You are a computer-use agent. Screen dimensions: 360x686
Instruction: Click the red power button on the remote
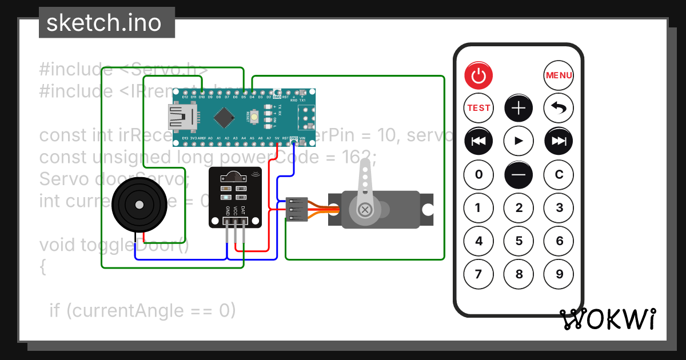[478, 75]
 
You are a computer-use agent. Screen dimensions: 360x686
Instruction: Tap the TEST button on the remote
[478, 107]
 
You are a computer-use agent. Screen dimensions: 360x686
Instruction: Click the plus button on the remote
[519, 107]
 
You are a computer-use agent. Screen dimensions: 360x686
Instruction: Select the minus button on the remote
[519, 175]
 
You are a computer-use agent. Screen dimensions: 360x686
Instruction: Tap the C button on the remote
[559, 175]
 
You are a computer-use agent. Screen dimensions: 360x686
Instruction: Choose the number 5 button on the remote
[519, 241]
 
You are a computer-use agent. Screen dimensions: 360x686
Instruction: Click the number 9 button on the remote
[559, 274]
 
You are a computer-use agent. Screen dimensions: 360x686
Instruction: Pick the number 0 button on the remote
[478, 175]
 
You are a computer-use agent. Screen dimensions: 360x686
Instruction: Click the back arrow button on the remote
[559, 107]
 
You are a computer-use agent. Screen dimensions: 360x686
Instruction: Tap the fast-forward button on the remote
[559, 141]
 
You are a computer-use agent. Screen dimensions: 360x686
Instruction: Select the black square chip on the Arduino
[224, 117]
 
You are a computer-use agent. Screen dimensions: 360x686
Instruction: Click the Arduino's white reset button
[254, 117]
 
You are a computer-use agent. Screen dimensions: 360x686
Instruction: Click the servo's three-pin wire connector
[297, 210]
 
